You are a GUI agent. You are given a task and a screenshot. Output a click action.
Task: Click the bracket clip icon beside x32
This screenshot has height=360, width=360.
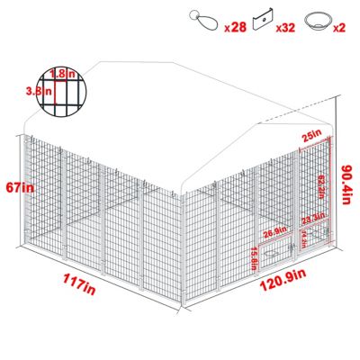click(x=263, y=18)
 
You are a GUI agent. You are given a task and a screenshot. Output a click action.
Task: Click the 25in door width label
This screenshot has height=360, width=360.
click(x=312, y=135)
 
